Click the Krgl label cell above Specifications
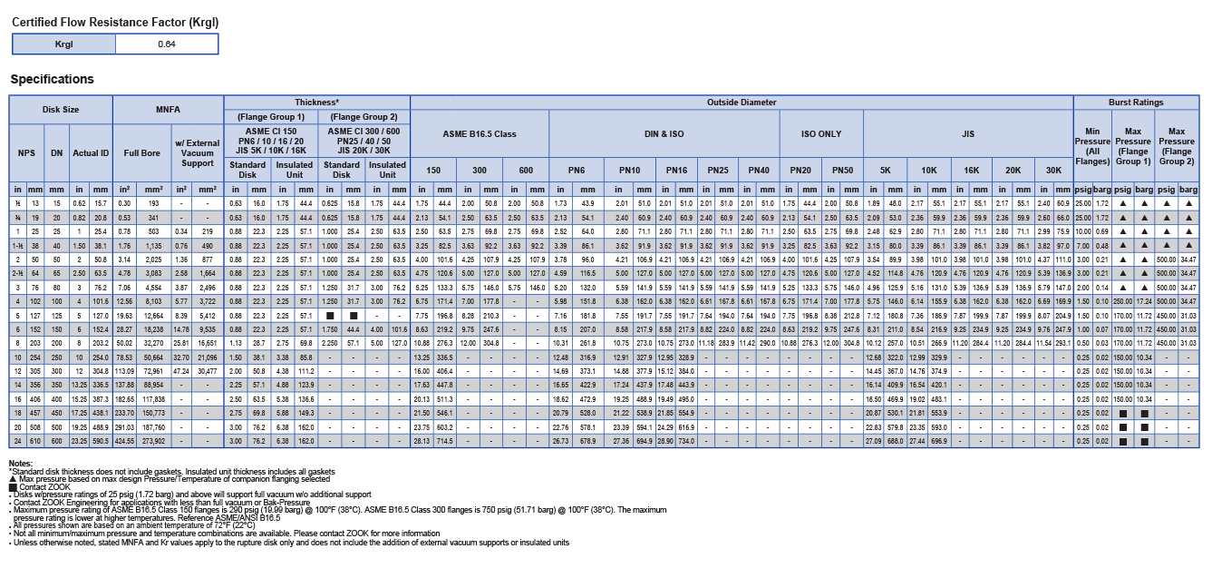coord(63,44)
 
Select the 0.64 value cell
coord(167,44)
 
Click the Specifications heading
coord(52,79)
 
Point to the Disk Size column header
coord(61,109)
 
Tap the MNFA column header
coord(169,109)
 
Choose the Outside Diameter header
coord(741,103)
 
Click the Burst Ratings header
coord(1136,103)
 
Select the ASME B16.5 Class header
coord(479,133)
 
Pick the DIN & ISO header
coord(664,133)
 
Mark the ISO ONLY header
coord(821,133)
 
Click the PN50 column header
coord(842,170)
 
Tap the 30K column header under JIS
coord(1053,170)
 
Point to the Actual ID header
coord(91,152)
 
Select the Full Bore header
coord(141,152)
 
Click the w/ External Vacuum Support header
coord(197,152)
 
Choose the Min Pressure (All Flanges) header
coord(1092,146)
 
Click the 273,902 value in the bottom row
coord(153,441)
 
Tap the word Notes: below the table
coord(20,464)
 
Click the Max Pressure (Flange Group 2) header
coord(1177,146)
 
